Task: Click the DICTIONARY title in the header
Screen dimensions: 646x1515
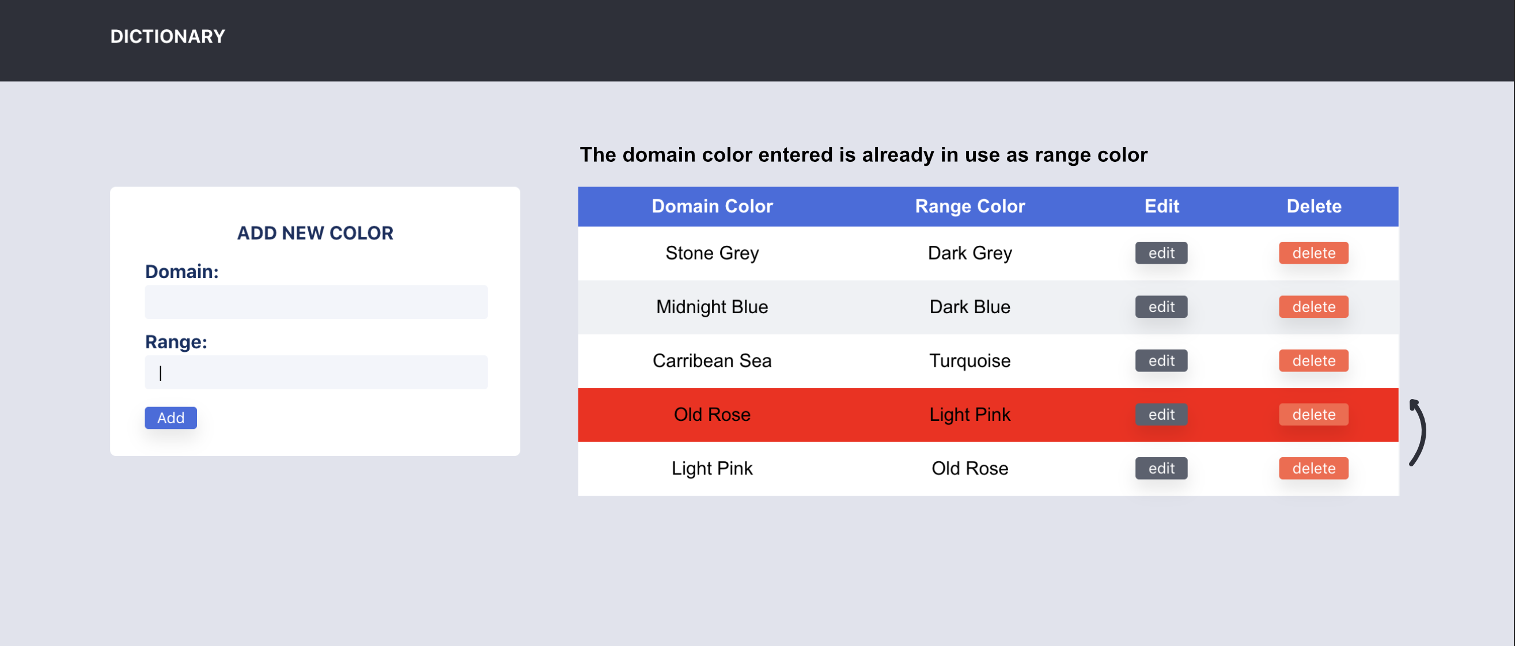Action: (x=168, y=36)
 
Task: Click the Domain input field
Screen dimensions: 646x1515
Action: (x=316, y=302)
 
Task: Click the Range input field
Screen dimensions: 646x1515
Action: (x=316, y=372)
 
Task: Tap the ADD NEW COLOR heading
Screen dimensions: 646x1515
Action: (x=315, y=233)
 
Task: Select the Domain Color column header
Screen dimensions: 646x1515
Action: (x=711, y=206)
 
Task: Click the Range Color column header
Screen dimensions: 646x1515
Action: (x=969, y=206)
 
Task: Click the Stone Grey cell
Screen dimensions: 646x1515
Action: (x=711, y=253)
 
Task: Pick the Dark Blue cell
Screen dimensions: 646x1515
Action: (x=969, y=307)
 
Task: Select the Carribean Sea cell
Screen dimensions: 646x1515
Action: (x=711, y=361)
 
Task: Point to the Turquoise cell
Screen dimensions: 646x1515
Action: (x=969, y=361)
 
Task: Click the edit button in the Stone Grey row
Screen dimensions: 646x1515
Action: (x=1161, y=253)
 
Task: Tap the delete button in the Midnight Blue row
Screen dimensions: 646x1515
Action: (x=1313, y=307)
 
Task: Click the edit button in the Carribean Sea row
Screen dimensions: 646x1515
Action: (x=1161, y=361)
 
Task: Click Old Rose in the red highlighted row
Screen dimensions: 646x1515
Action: (x=711, y=415)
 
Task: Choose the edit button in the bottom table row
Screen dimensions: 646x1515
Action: (x=1161, y=469)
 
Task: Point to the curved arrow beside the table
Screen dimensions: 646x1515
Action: (x=1419, y=432)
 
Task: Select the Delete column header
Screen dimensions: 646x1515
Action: (x=1313, y=206)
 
